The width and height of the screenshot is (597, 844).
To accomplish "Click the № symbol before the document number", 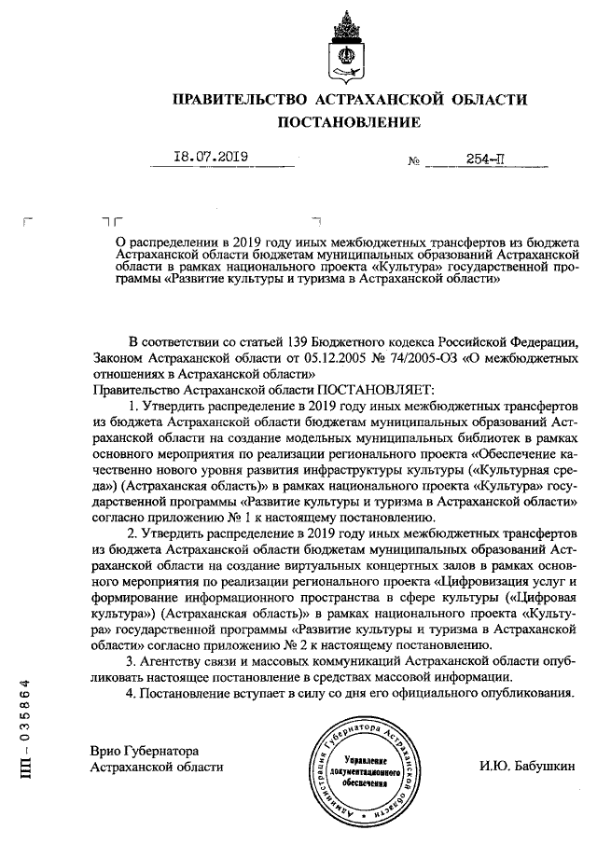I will [414, 161].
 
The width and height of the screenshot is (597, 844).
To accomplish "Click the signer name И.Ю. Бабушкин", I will [522, 766].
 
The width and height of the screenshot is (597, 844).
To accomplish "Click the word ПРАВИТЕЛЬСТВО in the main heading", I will [229, 99].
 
